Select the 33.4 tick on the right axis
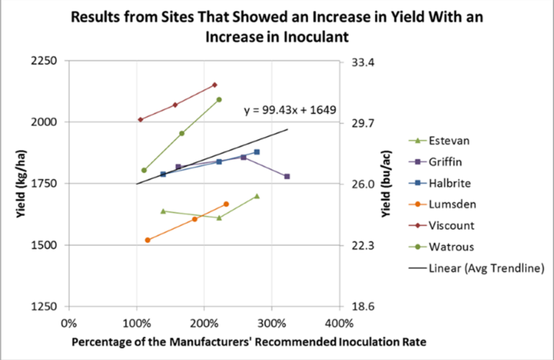[x=361, y=62]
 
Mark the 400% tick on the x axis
[x=338, y=322]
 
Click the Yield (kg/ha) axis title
[x=13, y=183]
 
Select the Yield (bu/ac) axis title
[x=386, y=183]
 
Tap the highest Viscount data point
[x=214, y=85]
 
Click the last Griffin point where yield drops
[x=287, y=176]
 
